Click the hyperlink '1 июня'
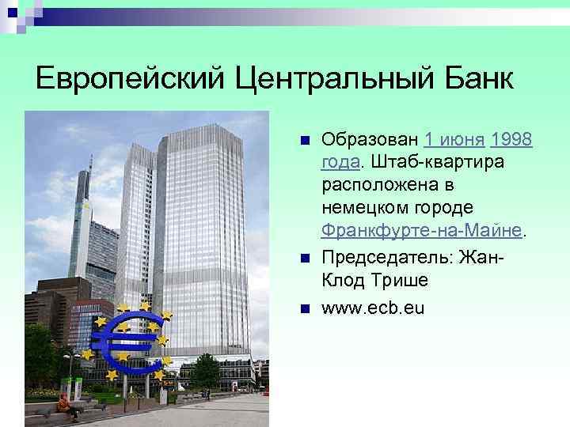pos(454,141)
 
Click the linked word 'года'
pos(340,163)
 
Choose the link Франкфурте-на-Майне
pos(422,229)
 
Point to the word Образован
pos(369,141)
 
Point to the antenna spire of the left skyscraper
pos(89,170)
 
